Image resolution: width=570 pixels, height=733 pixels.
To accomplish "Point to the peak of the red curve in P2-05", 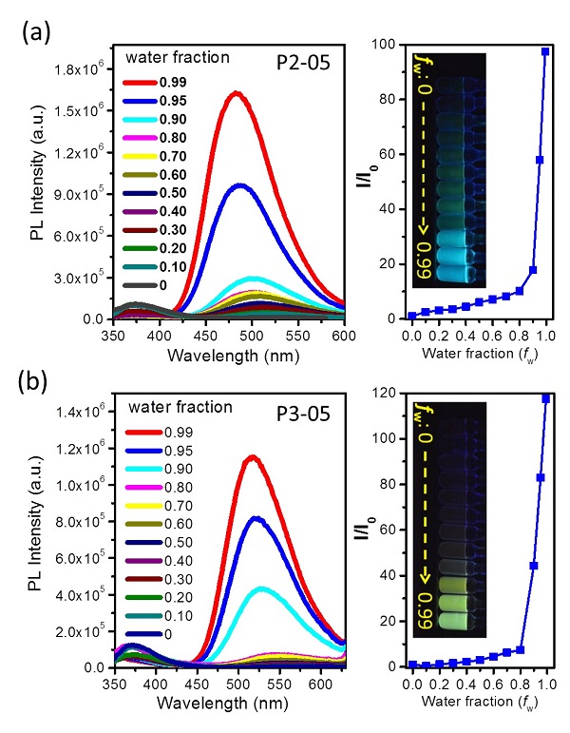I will pyautogui.click(x=235, y=92).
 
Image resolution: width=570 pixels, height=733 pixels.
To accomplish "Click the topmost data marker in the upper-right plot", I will pyautogui.click(x=545, y=51).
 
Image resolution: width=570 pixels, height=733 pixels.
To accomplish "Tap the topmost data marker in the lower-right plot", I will pyautogui.click(x=546, y=398).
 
